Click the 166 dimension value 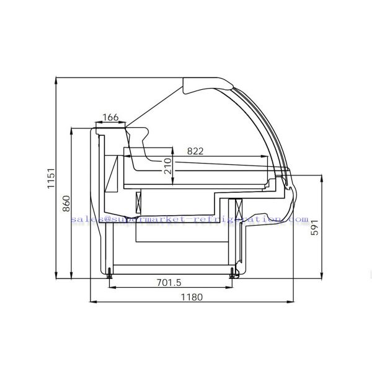pos(110,117)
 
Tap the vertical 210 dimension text pos(167,166)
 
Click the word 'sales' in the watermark pos(82,219)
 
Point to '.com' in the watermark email pos(298,219)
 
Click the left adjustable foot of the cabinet pos(110,272)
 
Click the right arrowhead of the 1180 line pos(292,303)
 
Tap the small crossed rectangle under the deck pos(138,201)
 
